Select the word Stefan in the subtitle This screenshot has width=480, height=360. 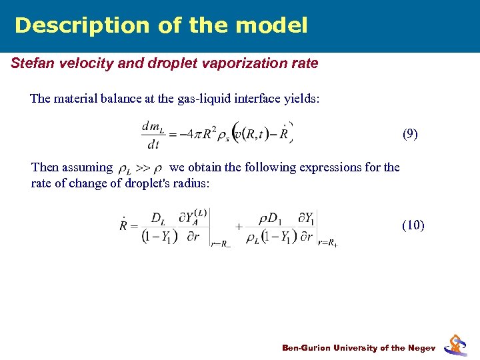coord(31,63)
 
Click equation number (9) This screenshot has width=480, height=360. coord(410,134)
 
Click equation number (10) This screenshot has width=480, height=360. coord(413,225)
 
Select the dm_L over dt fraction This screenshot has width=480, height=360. coord(153,134)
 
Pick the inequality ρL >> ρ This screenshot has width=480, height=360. coord(140,168)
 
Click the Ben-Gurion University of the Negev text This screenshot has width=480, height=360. coord(359,348)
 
